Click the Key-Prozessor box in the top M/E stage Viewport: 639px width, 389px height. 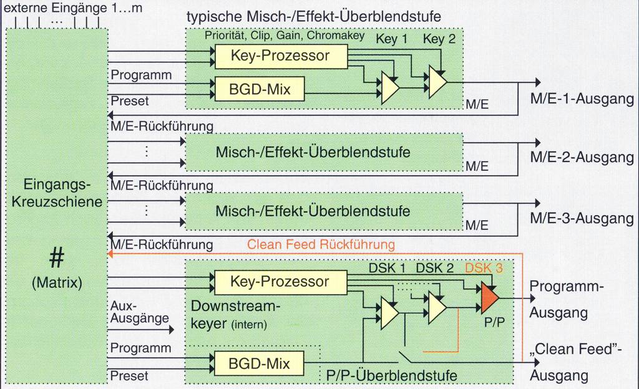click(x=280, y=56)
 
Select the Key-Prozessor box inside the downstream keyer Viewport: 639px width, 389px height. click(x=280, y=282)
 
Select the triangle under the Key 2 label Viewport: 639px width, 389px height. click(x=437, y=81)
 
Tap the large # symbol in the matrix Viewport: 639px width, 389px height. click(x=57, y=256)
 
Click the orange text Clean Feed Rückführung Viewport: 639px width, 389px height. click(x=321, y=244)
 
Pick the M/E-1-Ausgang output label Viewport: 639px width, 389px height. click(x=582, y=99)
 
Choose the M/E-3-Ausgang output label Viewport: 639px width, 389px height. click(x=582, y=219)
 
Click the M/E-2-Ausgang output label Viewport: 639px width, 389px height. click(x=582, y=158)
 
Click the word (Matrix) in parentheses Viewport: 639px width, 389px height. click(x=57, y=282)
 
